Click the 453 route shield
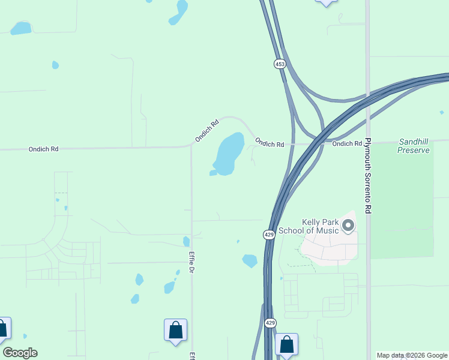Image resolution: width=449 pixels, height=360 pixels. pos(280,64)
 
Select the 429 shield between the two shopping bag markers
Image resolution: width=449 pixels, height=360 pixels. pos(270,323)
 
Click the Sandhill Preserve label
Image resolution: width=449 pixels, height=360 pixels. pos(414,146)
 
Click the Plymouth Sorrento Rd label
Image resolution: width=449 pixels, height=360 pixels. pos(369,176)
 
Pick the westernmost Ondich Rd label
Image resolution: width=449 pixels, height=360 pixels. pos(43,149)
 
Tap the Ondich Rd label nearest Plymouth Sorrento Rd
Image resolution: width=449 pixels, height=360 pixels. pos(347,143)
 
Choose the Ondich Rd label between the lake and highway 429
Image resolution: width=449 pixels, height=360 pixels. pos(269,143)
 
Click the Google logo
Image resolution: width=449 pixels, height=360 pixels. pos(20,353)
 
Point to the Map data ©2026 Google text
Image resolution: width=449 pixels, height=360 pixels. pos(412,355)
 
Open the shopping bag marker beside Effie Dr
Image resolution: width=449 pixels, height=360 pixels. pos(175,330)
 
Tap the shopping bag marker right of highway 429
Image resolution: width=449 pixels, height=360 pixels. pos(286,344)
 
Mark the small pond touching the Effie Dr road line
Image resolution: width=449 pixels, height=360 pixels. pos(186,241)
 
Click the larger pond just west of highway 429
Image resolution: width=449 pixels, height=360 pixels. pos(250,261)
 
